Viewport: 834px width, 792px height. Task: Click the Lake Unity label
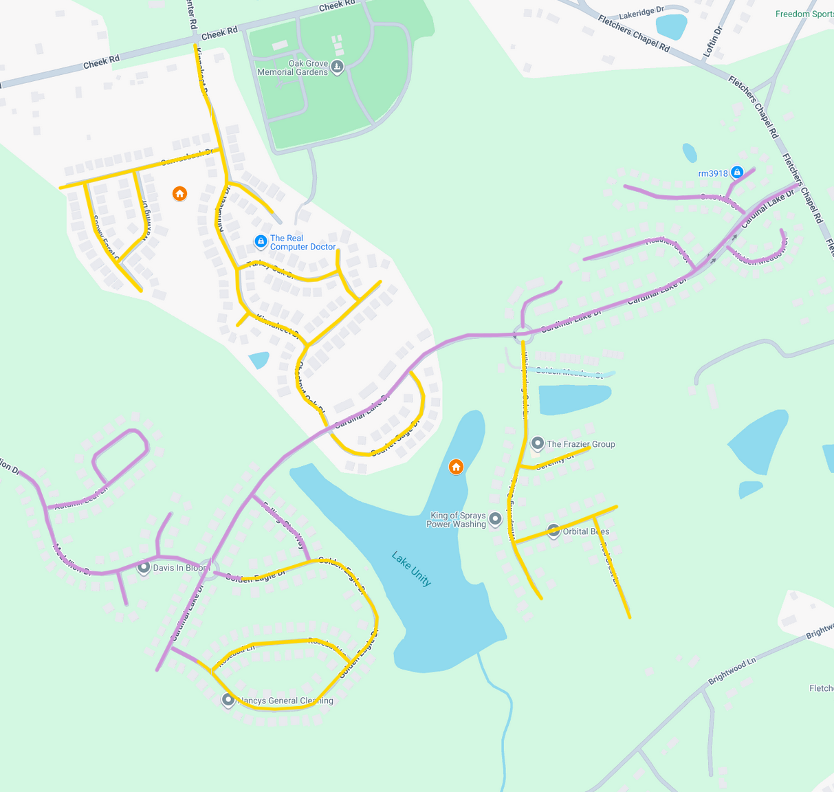pyautogui.click(x=411, y=569)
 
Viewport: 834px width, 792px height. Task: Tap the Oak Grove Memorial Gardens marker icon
pyautogui.click(x=337, y=67)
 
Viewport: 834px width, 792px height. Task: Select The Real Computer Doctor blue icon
pyautogui.click(x=261, y=241)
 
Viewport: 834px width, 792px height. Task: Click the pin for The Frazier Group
pyautogui.click(x=538, y=443)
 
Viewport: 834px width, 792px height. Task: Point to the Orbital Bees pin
pyautogui.click(x=553, y=531)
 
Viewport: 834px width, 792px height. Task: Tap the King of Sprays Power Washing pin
pyautogui.click(x=495, y=520)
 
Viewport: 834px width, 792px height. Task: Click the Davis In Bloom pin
pyautogui.click(x=144, y=567)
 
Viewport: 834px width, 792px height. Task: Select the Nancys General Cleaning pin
pyautogui.click(x=228, y=700)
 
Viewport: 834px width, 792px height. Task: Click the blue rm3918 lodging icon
pyautogui.click(x=737, y=172)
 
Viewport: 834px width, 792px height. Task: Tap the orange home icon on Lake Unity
pyautogui.click(x=456, y=467)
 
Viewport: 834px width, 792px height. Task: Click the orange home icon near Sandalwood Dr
pyautogui.click(x=179, y=194)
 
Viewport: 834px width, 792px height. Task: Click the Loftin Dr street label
pyautogui.click(x=714, y=41)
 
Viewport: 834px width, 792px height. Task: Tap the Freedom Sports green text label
pyautogui.click(x=804, y=14)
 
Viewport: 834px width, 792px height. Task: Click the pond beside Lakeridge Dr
pyautogui.click(x=671, y=27)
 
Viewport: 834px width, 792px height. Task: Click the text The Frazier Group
pyautogui.click(x=581, y=444)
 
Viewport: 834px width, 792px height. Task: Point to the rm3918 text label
pyautogui.click(x=712, y=173)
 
